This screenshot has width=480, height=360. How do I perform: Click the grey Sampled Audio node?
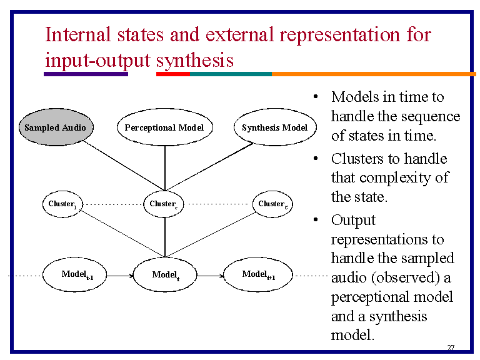coord(55,127)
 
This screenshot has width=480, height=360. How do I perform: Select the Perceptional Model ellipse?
coord(164,127)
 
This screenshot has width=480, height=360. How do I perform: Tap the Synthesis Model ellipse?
coord(274,127)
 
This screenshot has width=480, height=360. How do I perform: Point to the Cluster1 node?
coord(62,204)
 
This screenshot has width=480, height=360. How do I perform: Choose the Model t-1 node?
coord(77,274)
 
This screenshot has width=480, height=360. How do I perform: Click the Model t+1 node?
coord(258,274)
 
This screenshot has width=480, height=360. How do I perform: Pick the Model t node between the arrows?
coord(165,275)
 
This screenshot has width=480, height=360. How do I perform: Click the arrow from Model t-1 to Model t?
coord(122,275)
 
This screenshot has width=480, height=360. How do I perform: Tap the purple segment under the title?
coord(86,74)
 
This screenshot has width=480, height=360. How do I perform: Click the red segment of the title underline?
coord(172,74)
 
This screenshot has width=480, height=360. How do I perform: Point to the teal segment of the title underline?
coord(231,74)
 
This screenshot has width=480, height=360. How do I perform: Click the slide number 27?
coord(451,347)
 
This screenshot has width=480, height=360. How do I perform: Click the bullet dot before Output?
coord(317,220)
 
